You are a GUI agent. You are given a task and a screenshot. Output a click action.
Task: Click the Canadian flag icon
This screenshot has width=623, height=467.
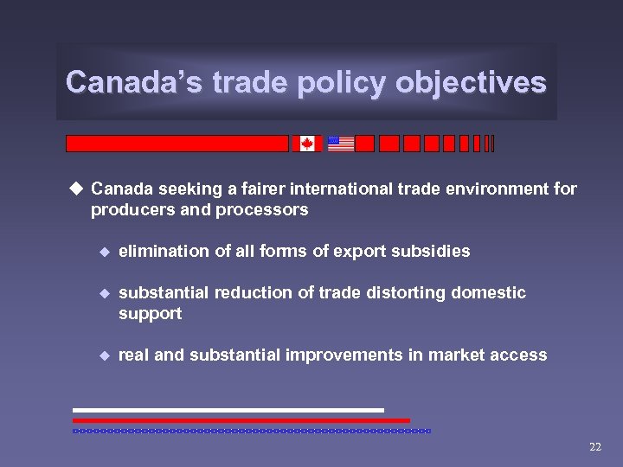[x=307, y=144]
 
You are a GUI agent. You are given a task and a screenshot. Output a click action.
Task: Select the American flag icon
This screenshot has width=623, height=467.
[x=341, y=144]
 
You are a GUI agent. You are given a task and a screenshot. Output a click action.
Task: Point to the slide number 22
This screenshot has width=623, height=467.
[x=594, y=447]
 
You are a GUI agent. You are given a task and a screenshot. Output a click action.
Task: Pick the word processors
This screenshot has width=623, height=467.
[x=265, y=210]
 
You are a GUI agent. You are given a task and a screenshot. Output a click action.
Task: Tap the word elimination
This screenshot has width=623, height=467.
[x=162, y=252]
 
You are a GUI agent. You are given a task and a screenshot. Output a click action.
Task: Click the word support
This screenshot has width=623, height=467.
[x=150, y=314]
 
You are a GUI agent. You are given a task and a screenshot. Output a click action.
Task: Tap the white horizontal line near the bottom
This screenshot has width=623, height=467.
[x=228, y=410]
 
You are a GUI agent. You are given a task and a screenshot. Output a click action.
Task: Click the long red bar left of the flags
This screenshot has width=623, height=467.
[x=177, y=144]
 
